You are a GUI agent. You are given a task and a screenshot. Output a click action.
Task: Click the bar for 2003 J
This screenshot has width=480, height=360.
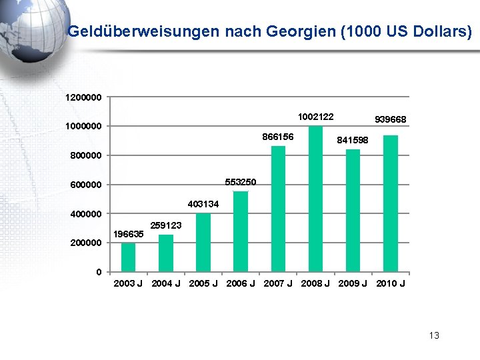tap(128, 257)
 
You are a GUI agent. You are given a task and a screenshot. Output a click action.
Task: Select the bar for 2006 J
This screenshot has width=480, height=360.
tap(241, 231)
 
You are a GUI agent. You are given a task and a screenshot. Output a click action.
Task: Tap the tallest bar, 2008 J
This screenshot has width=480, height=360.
tap(315, 199)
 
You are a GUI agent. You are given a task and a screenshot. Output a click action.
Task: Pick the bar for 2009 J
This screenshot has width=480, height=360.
tap(353, 211)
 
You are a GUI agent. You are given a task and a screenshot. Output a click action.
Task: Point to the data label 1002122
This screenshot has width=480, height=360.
tap(315, 117)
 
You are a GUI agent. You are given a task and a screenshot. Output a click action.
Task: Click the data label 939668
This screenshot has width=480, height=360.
tap(391, 119)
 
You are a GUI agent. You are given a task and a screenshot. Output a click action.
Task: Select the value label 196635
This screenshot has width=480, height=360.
tap(128, 234)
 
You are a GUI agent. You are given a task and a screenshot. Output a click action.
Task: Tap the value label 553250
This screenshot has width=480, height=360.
tap(241, 182)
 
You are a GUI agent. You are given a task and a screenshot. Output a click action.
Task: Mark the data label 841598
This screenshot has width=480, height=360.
tap(353, 140)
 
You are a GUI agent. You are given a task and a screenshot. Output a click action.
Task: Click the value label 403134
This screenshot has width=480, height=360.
tap(203, 204)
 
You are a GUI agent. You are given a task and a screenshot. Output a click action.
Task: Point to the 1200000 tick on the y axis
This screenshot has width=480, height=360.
tap(83, 97)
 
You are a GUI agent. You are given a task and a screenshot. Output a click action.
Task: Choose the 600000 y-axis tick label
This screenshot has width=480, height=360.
tap(83, 185)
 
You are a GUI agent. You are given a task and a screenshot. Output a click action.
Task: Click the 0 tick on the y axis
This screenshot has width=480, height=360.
tap(98, 272)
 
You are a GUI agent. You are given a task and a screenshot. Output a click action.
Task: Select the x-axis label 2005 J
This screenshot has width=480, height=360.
tap(203, 283)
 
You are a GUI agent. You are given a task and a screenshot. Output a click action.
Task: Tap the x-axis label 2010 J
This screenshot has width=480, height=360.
tap(390, 283)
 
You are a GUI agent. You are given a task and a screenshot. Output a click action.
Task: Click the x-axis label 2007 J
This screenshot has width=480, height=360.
tap(278, 283)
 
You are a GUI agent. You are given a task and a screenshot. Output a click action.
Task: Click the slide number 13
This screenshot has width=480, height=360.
tap(434, 335)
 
